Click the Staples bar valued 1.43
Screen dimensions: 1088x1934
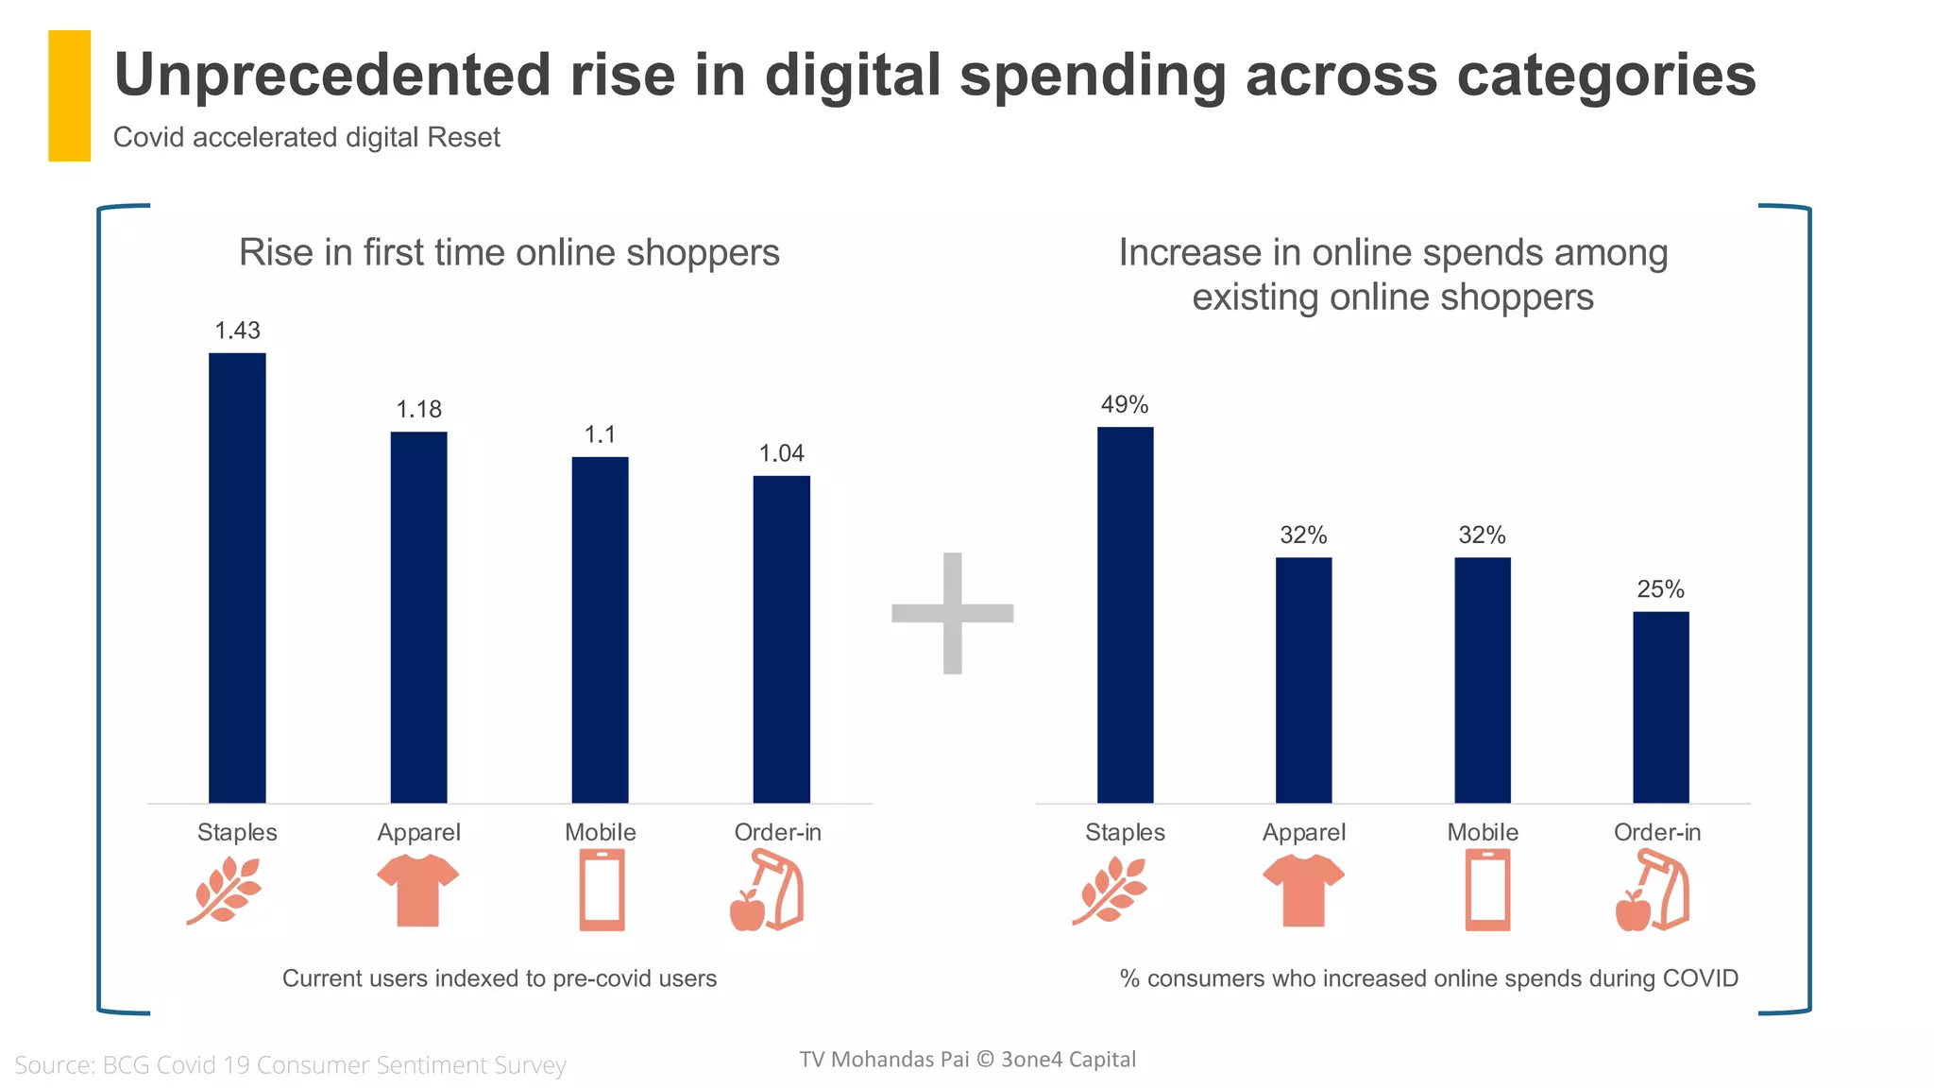(x=237, y=578)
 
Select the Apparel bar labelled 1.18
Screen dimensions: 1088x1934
(x=418, y=618)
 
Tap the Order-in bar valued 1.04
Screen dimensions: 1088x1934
(x=781, y=639)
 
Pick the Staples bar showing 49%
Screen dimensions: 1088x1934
(x=1125, y=615)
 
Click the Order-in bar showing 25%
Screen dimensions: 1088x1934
(x=1660, y=707)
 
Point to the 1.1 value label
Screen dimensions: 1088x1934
(x=600, y=434)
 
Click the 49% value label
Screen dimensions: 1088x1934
(x=1125, y=404)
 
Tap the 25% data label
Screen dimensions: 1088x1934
(x=1660, y=589)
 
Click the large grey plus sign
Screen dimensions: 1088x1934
(x=952, y=613)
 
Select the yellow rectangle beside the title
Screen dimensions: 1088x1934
(x=69, y=95)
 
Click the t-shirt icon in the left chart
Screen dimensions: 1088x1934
(x=417, y=890)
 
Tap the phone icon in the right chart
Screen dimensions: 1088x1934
(x=1487, y=890)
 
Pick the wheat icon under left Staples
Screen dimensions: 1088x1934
(x=225, y=890)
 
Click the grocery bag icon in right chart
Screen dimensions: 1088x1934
(x=1653, y=890)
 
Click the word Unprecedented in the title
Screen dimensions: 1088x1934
(x=331, y=75)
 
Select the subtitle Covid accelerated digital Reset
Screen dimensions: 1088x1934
(x=306, y=138)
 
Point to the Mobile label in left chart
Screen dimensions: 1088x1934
(x=600, y=832)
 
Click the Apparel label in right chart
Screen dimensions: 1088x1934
(x=1303, y=832)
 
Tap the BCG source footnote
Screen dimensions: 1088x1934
(x=290, y=1065)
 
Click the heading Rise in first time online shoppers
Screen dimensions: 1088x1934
(x=509, y=253)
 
